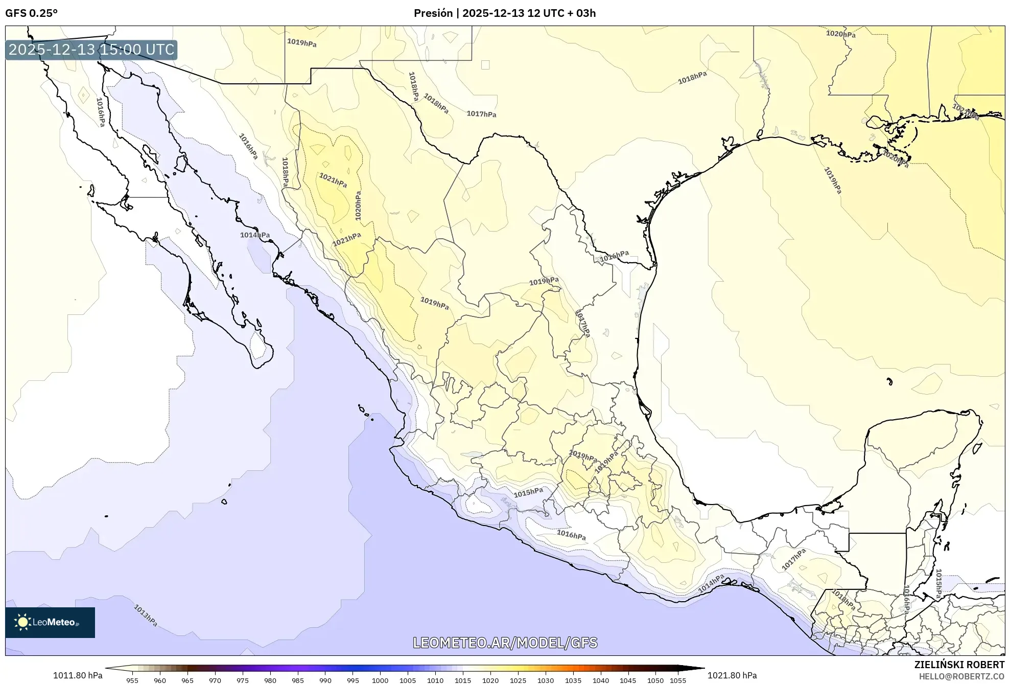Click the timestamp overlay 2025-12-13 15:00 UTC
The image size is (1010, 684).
click(91, 50)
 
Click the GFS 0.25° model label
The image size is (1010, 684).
click(31, 13)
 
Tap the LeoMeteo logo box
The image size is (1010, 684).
click(50, 622)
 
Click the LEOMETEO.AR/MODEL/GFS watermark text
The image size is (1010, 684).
click(505, 643)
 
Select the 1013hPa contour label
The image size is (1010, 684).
click(146, 615)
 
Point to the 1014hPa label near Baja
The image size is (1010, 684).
click(255, 235)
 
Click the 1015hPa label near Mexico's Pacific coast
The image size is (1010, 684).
click(528, 492)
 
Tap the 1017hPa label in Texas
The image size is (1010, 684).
click(481, 114)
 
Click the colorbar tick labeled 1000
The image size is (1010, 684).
click(380, 680)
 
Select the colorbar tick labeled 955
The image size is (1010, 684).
click(132, 680)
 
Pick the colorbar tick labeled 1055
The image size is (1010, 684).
click(678, 680)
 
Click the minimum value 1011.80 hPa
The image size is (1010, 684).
click(78, 675)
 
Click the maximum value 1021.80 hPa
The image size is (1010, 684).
click(732, 675)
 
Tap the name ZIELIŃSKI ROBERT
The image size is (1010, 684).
click(959, 665)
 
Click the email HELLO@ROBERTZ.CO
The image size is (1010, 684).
click(961, 676)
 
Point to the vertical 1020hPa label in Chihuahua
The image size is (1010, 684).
click(358, 206)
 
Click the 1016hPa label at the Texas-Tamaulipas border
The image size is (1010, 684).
click(614, 256)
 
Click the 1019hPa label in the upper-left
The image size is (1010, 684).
click(301, 43)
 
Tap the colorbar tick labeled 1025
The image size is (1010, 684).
click(518, 680)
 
